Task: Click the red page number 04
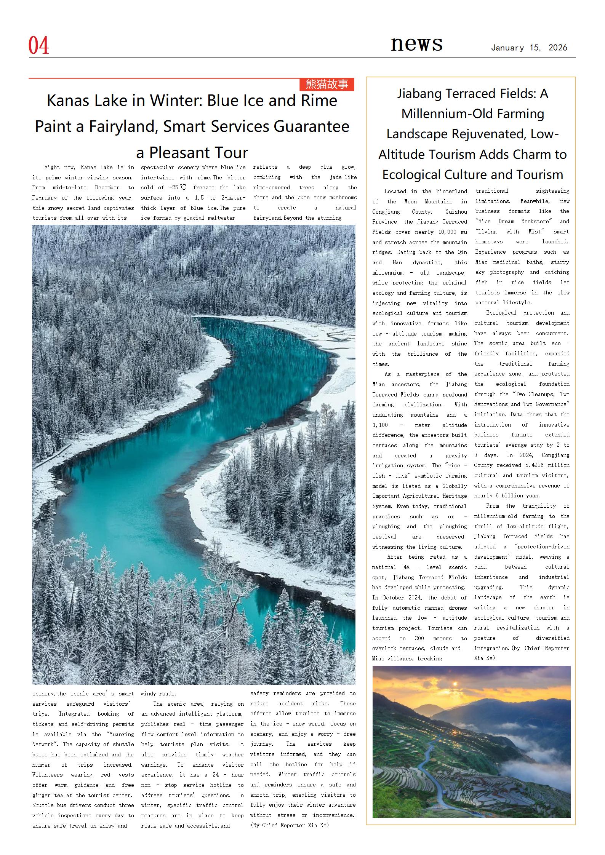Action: (x=38, y=46)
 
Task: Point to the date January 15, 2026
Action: (x=529, y=48)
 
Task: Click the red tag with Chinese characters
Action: (x=327, y=84)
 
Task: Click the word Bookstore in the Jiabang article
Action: (x=538, y=221)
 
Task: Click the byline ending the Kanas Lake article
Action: (x=289, y=825)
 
